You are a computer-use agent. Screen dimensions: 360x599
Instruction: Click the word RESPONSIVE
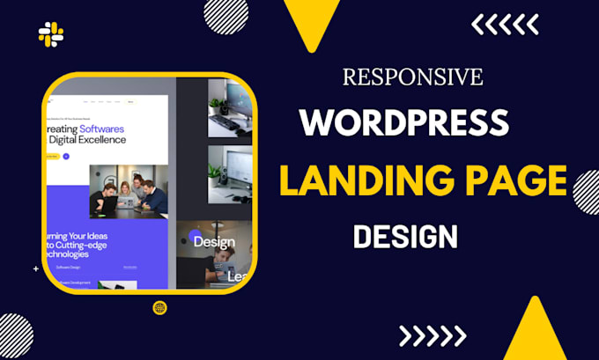click(412, 77)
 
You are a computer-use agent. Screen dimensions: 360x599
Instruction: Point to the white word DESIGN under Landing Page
click(405, 236)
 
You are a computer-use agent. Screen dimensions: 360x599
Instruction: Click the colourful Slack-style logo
click(50, 34)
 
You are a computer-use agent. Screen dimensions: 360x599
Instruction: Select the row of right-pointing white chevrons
click(432, 335)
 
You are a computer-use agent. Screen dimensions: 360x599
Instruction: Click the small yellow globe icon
click(159, 307)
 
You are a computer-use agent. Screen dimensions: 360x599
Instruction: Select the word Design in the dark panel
click(214, 241)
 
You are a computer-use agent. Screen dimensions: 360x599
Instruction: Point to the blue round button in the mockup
click(65, 156)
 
